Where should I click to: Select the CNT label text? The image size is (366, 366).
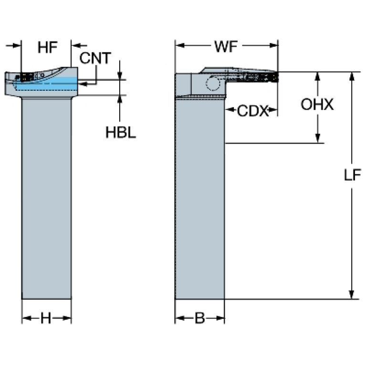[x=95, y=58]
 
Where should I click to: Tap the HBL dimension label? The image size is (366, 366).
[x=120, y=133]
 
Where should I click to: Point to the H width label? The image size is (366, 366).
[x=46, y=318]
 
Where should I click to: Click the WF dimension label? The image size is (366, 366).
[x=226, y=47]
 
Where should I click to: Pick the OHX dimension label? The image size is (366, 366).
[x=317, y=105]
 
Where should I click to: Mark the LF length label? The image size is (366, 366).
[x=352, y=175]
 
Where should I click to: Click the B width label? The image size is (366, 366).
[x=199, y=318]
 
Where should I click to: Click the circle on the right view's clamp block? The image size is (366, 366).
[x=212, y=84]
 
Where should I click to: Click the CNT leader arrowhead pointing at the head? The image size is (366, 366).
[x=82, y=84]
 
